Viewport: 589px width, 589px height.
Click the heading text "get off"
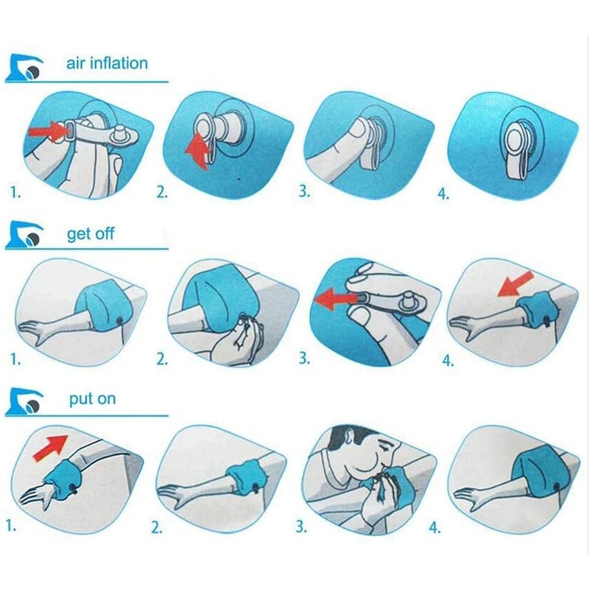[x=90, y=234]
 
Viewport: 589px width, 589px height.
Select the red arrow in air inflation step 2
[x=196, y=151]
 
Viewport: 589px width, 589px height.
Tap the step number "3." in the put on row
[x=302, y=526]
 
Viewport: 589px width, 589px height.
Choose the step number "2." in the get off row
[x=162, y=360]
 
